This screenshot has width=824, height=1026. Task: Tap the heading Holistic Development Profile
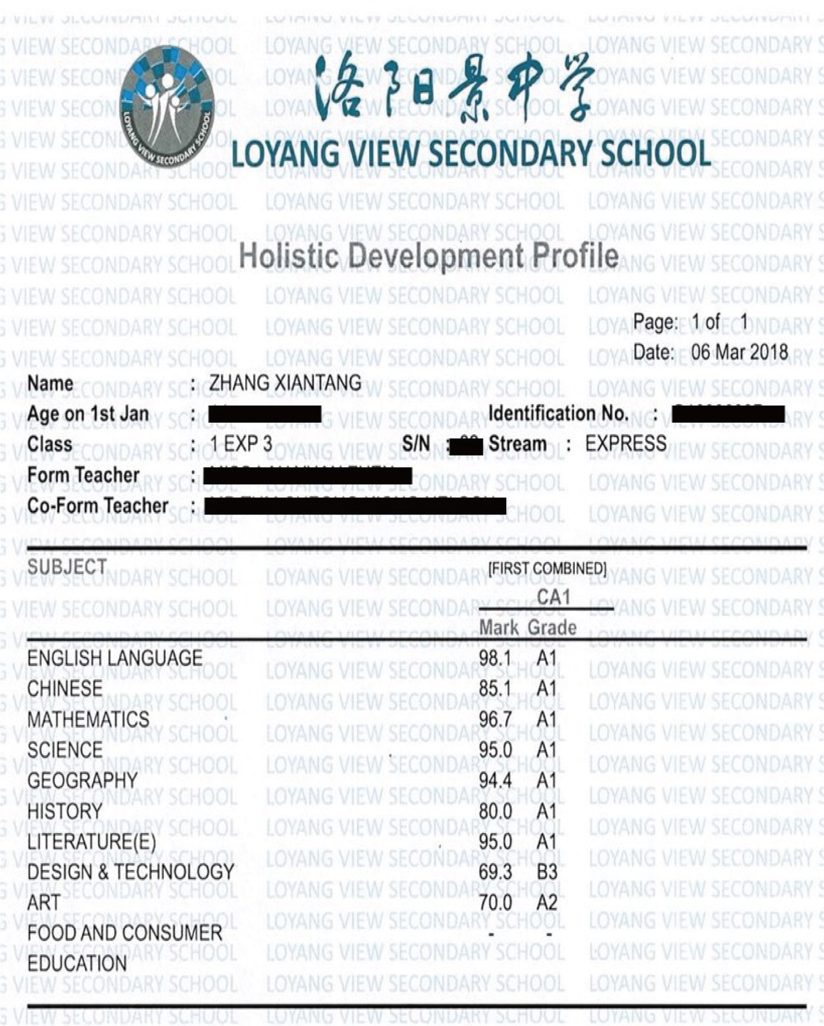429,256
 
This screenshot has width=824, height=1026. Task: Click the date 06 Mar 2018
739,352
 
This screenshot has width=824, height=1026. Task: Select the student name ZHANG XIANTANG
285,383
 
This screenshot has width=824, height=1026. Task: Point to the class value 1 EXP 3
241,444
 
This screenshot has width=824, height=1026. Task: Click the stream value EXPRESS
626,444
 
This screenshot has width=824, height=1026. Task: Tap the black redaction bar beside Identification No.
727,414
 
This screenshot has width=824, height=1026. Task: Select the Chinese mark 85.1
495,689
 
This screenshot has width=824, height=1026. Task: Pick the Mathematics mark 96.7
495,719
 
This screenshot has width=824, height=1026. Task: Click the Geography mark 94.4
495,781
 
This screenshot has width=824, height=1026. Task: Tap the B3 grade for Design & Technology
547,872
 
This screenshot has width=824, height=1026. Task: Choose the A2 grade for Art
547,903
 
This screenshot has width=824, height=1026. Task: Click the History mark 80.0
495,811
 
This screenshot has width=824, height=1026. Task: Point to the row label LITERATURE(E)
91,842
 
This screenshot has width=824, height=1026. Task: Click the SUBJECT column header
67,567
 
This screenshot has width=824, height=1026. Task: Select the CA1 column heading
553,597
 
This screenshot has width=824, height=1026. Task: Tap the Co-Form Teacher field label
98,505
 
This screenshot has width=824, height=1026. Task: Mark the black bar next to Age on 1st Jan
265,414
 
